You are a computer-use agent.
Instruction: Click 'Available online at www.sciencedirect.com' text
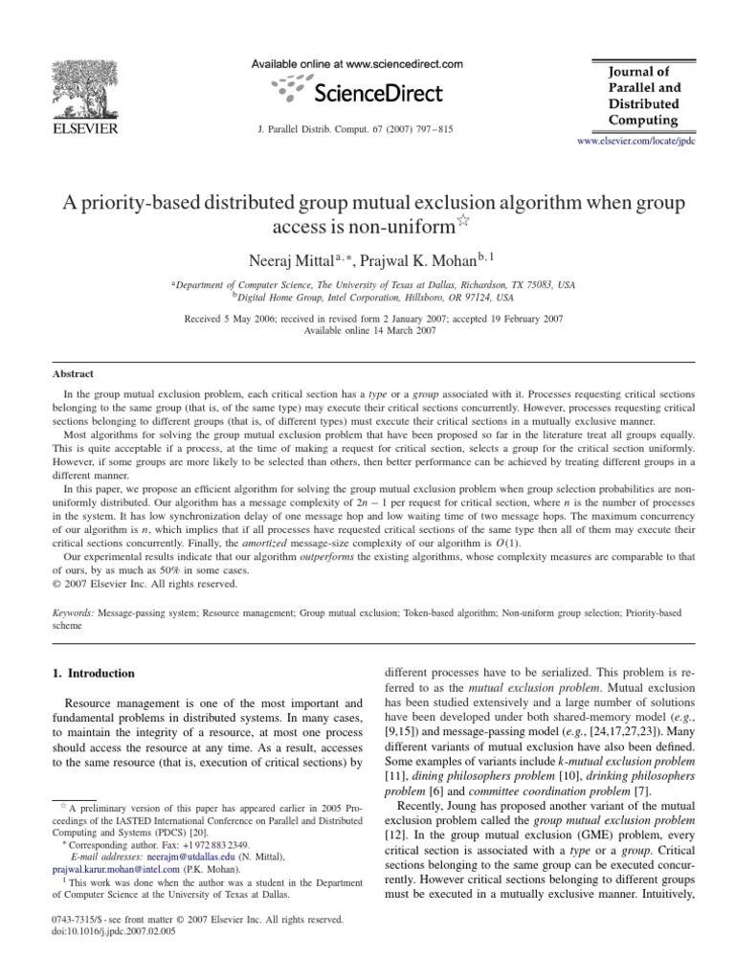[356, 64]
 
